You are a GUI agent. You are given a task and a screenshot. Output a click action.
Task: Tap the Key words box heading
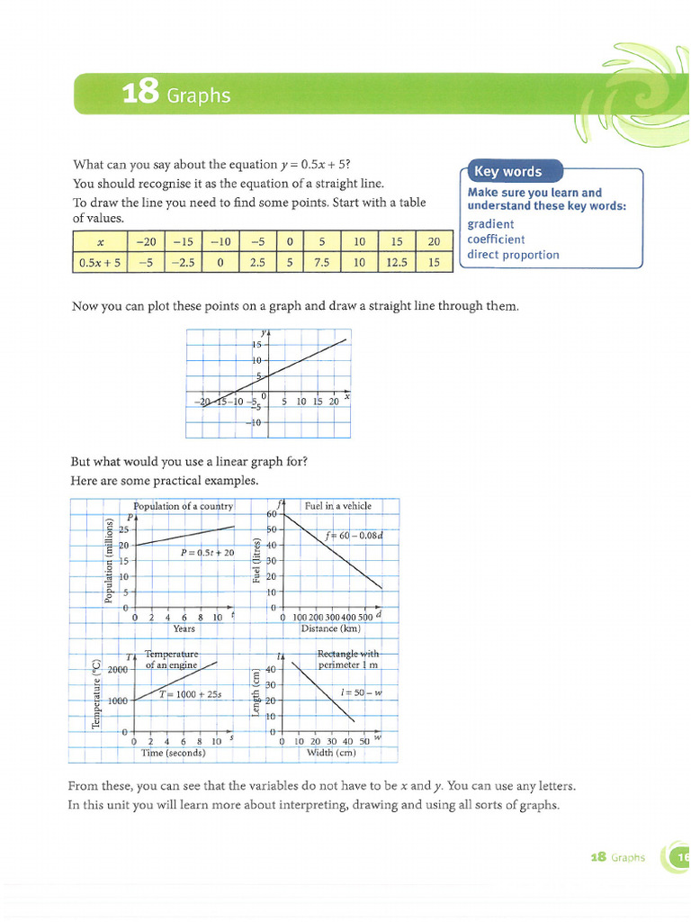[x=508, y=172]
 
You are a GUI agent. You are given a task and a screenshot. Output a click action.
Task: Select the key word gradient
[x=491, y=224]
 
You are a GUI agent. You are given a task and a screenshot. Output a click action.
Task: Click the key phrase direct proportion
[x=513, y=255]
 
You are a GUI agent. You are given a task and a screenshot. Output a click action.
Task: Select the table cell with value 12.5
[x=397, y=262]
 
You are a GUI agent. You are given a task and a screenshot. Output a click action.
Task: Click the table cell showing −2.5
[x=183, y=262]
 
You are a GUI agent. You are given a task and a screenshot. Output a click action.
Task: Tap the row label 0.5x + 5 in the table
[x=100, y=262]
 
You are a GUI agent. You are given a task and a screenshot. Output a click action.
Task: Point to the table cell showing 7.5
[x=321, y=262]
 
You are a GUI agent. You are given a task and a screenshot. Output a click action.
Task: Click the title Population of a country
[x=183, y=506]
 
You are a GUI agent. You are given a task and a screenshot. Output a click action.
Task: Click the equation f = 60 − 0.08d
[x=354, y=535]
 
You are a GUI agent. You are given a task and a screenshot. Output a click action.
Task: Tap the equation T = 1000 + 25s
[x=190, y=694]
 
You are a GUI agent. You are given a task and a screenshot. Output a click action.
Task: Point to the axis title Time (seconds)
[x=174, y=753]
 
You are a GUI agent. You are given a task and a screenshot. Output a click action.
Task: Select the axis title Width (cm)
[x=332, y=753]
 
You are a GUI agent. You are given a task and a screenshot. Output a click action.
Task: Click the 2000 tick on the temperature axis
[x=118, y=670]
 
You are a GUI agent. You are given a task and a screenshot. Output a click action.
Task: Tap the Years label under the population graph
[x=184, y=628]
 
